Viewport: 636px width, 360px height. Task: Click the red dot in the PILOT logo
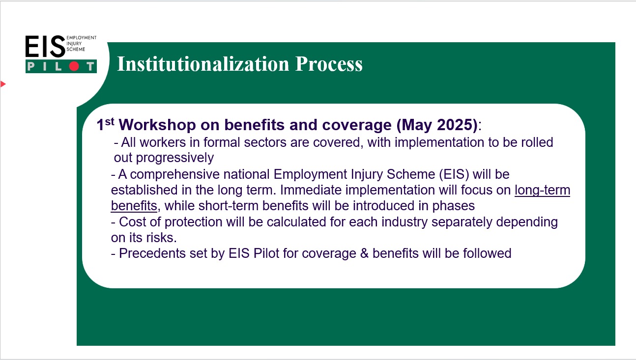tap(74, 66)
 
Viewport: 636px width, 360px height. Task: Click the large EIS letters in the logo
tap(45, 47)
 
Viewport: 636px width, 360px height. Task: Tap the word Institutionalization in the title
tap(203, 64)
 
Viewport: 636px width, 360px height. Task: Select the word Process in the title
tap(329, 64)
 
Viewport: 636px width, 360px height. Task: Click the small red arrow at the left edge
tap(3, 84)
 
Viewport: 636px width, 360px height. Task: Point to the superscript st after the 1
tap(110, 122)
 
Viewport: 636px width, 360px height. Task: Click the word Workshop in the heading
tap(157, 125)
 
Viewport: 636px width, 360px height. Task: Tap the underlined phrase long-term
tap(542, 190)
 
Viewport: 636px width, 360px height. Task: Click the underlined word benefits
tap(134, 206)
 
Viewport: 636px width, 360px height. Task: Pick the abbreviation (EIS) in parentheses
tap(454, 174)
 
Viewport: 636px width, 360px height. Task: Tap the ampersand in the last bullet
tap(364, 253)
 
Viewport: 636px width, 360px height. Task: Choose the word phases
tap(454, 206)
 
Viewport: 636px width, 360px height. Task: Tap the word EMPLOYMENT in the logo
tap(82, 37)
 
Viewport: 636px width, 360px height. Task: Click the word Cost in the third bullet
tap(133, 222)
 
